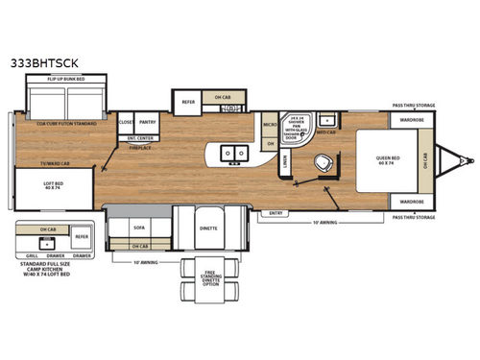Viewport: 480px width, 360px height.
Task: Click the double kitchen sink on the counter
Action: [x=233, y=152]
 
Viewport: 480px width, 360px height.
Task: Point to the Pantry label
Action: [x=147, y=123]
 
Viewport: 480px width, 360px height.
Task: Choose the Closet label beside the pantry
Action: [x=126, y=123]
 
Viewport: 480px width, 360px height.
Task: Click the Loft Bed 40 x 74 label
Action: [x=53, y=186]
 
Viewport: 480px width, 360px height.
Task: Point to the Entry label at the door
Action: [x=276, y=212]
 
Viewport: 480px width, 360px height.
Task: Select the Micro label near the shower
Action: [x=270, y=125]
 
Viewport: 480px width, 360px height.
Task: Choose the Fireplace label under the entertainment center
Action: [x=140, y=148]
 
